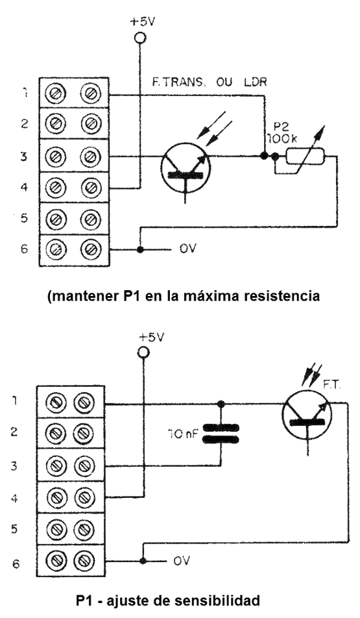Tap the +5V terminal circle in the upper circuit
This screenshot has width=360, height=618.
139,38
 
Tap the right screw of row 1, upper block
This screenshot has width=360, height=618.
91,95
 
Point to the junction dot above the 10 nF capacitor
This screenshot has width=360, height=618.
221,404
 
